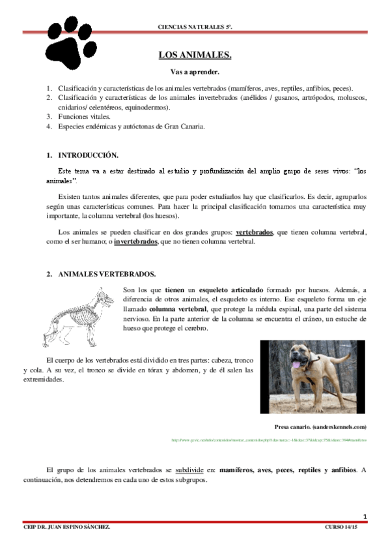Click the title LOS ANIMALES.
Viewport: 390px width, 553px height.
195,55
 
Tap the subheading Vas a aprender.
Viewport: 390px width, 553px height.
195,71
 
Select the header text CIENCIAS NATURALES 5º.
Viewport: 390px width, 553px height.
195,27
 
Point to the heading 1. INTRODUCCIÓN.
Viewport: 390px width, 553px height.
83,156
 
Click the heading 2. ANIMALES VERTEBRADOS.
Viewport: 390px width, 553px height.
101,275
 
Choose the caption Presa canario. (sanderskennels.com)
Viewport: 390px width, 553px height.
321,426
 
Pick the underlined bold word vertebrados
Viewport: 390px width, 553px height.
254,232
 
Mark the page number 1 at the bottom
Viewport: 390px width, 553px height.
365,517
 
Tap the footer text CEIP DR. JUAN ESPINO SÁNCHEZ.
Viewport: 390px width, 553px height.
64,526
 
